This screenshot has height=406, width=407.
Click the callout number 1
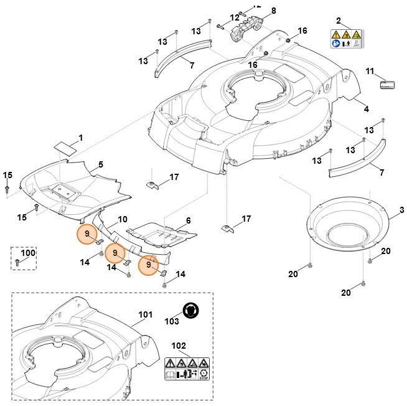[x=80, y=137]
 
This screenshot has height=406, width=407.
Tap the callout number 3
[x=401, y=210]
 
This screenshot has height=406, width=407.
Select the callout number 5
[x=100, y=165]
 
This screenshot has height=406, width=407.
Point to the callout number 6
[x=188, y=220]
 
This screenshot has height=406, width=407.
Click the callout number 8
[x=273, y=11]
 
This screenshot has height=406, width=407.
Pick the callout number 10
[x=123, y=219]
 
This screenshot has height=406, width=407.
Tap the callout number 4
[x=366, y=109]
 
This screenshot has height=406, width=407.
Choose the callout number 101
[x=145, y=314]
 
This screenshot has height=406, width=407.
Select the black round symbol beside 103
[x=191, y=310]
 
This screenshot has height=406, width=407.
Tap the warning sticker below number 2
[x=347, y=39]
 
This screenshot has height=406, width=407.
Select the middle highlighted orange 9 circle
[x=114, y=253]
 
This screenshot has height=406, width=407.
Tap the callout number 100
[x=28, y=253]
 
